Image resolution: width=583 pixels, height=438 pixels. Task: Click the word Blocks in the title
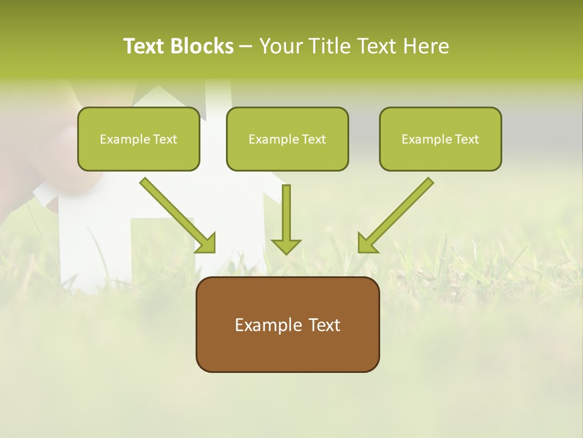click(203, 46)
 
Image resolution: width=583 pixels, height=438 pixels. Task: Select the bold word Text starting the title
click(146, 46)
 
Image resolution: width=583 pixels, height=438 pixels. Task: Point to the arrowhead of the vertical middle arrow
click(286, 246)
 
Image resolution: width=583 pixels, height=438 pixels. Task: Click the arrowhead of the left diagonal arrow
click(206, 243)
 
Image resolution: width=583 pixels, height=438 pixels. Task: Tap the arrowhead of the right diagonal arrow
click(366, 243)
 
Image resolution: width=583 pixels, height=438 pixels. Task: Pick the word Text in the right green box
click(466, 139)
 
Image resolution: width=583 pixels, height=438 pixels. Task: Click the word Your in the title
click(281, 46)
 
